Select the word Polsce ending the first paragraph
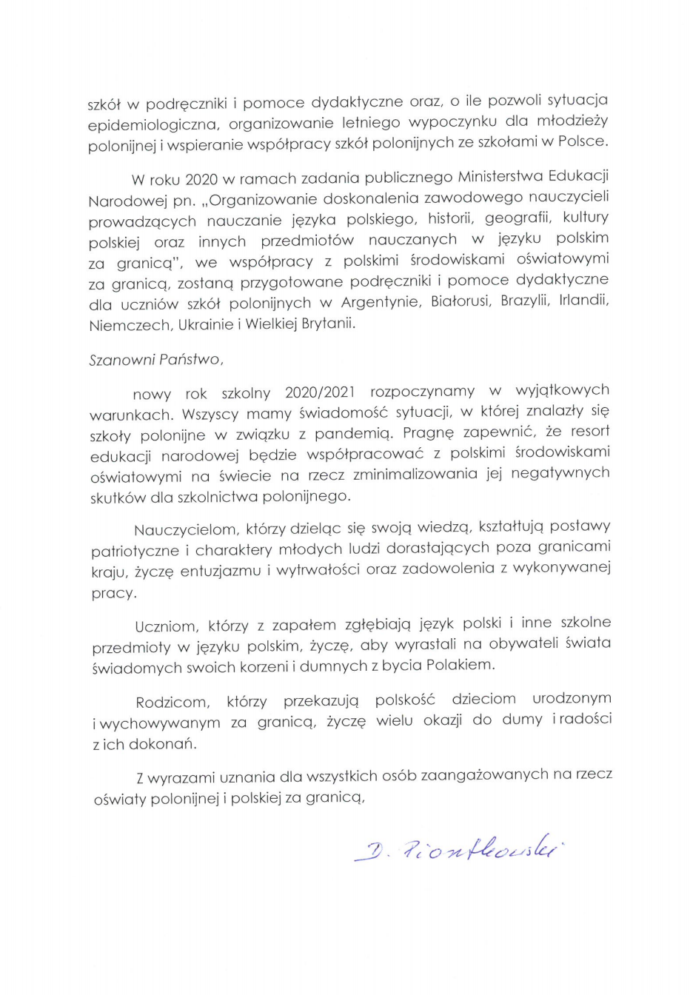click(x=582, y=141)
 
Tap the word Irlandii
click(x=583, y=300)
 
